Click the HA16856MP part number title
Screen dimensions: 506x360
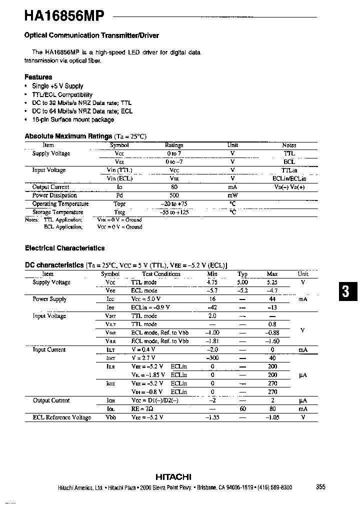coord(64,16)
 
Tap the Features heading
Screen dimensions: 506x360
coord(38,77)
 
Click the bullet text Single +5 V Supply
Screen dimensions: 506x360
coord(57,86)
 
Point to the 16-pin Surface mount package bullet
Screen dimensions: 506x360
coord(73,119)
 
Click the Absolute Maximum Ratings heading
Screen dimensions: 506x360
coord(68,136)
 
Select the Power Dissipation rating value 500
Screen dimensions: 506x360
coord(174,195)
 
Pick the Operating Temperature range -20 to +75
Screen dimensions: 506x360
coord(174,203)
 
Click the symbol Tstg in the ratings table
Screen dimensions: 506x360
coord(119,212)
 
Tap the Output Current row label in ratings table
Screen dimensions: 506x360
coord(50,187)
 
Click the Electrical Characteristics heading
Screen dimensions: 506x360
coord(64,248)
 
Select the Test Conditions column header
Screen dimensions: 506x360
coord(161,274)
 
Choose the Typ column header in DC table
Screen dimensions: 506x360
coord(242,274)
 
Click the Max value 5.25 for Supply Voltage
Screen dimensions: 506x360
coord(272,282)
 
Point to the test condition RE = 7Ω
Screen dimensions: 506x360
coord(142,409)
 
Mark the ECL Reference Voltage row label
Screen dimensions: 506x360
coord(62,417)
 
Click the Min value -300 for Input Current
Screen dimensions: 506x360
coord(212,358)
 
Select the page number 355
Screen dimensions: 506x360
coord(321,487)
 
